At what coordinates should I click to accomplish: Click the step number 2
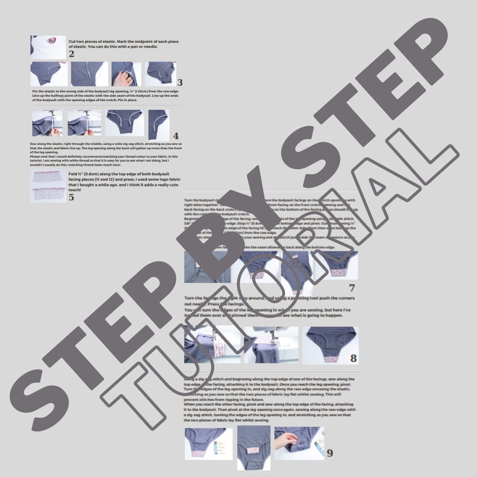(72, 54)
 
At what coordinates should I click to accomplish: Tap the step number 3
(179, 83)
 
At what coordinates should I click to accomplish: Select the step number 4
(176, 136)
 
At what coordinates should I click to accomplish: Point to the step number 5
(72, 197)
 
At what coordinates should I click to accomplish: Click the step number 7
(352, 288)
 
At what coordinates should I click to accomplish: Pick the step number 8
(353, 358)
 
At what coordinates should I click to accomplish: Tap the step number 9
(330, 453)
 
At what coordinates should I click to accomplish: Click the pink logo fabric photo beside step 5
(48, 186)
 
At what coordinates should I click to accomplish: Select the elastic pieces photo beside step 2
(48, 47)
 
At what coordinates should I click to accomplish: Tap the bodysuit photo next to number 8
(330, 345)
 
